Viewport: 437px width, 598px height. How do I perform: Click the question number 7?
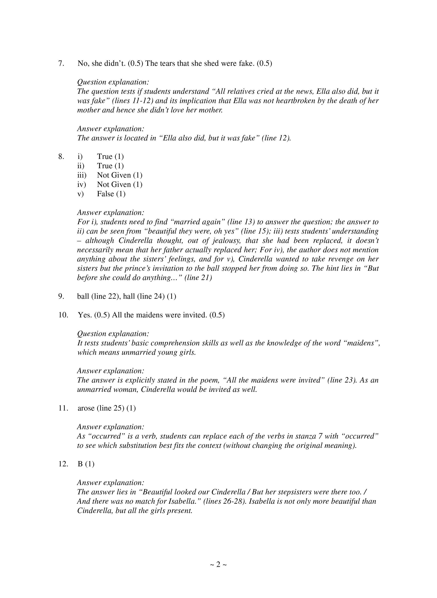(61, 64)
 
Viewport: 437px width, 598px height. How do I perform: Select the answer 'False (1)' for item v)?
(111, 194)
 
